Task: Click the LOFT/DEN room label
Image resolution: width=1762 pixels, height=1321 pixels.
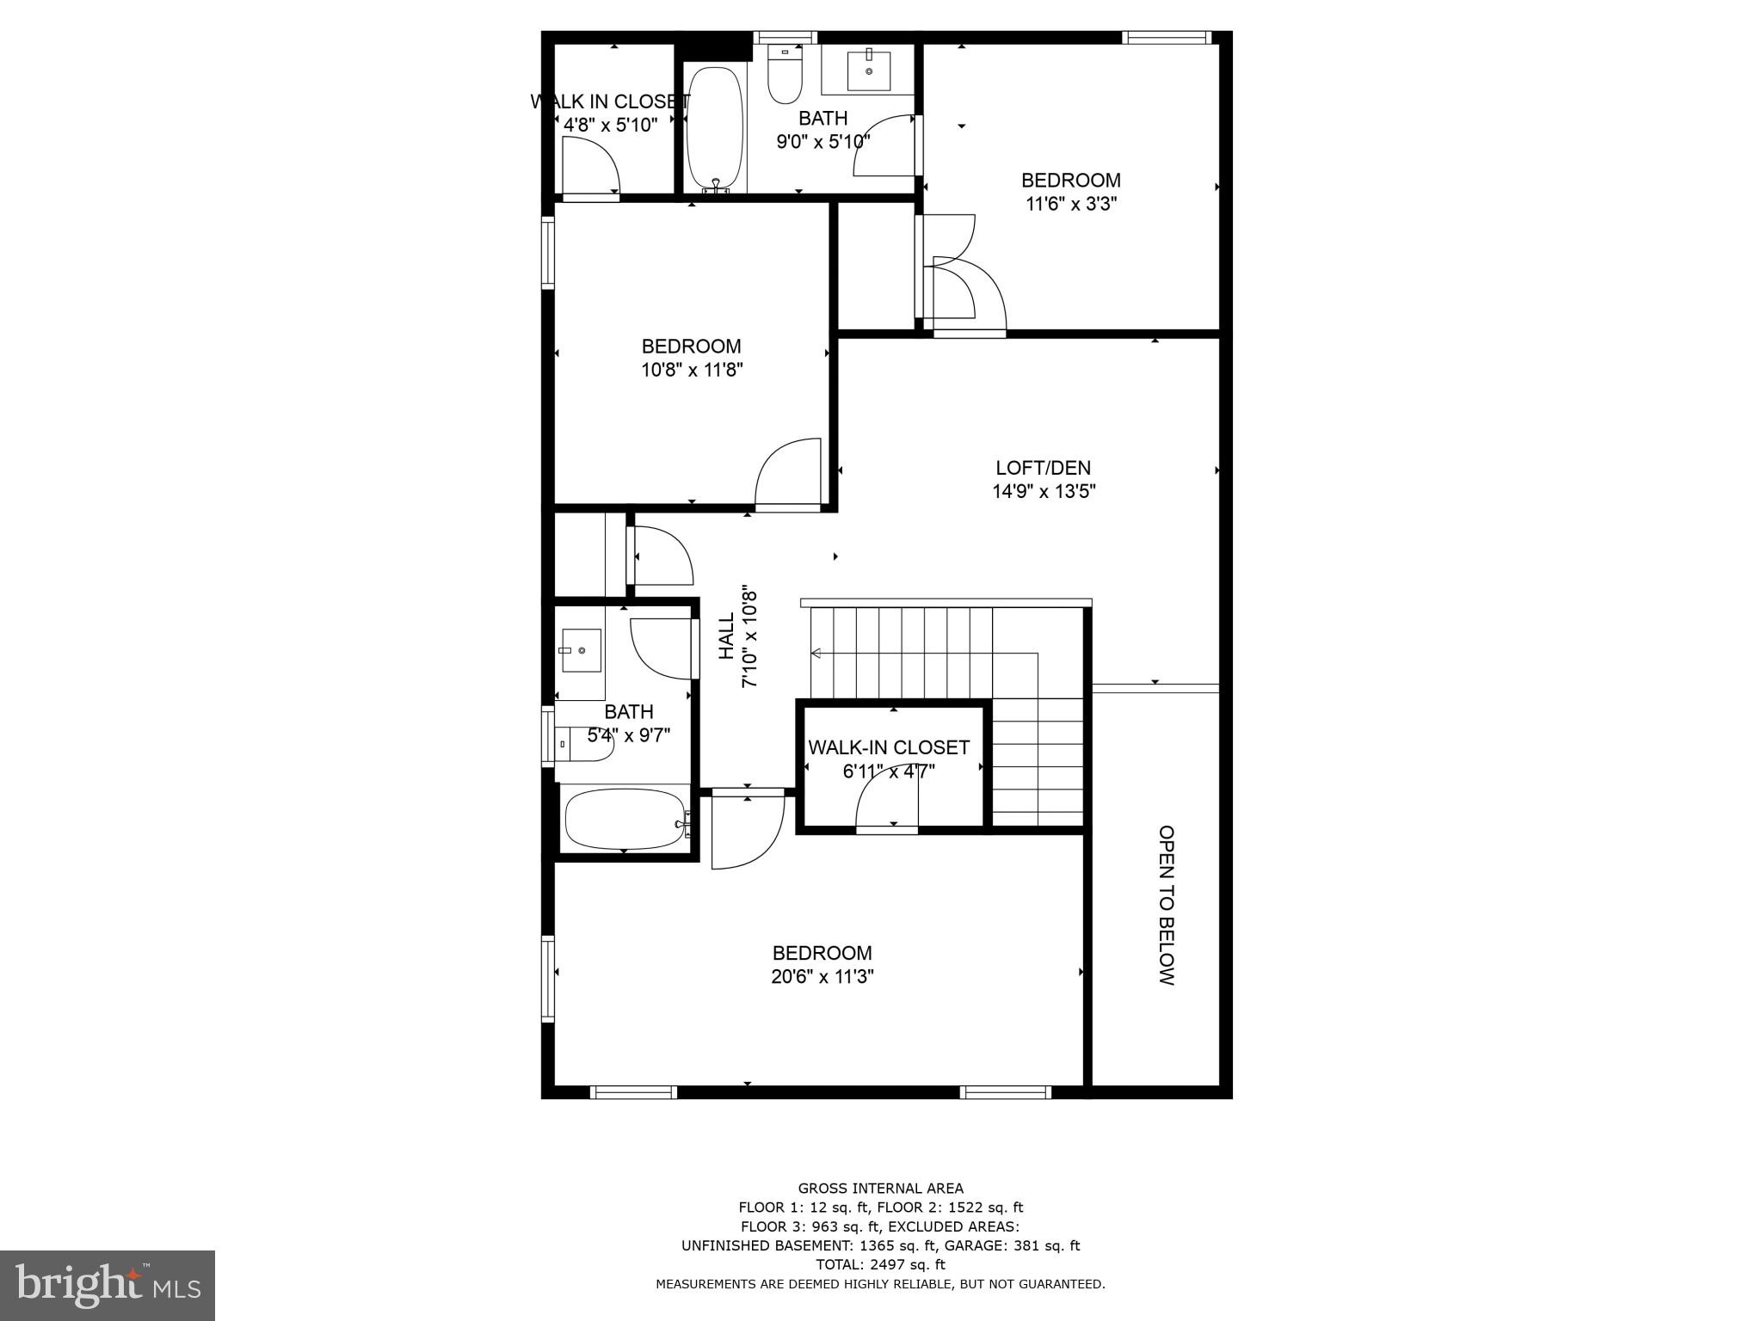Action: [1043, 468]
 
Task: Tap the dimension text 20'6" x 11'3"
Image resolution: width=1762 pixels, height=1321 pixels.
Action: [822, 977]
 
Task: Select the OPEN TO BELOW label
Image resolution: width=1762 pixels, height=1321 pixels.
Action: [1166, 905]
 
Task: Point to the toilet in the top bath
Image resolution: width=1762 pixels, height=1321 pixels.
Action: [785, 76]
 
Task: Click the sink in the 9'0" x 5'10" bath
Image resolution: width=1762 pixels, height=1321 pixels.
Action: [868, 70]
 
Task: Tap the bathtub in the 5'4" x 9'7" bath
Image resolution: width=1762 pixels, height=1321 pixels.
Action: [624, 820]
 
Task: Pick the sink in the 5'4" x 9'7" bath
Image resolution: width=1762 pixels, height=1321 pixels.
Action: [581, 650]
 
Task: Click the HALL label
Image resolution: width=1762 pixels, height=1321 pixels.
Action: [727, 636]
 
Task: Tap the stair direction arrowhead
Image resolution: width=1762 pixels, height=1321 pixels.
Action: [816, 654]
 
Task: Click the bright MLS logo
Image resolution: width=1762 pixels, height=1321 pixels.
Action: [108, 1285]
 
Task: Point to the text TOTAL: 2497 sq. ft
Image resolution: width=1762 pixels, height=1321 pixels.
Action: [880, 1264]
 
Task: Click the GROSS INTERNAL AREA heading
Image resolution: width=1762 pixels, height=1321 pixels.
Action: [880, 1189]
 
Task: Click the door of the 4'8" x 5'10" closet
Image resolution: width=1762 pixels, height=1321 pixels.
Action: [589, 169]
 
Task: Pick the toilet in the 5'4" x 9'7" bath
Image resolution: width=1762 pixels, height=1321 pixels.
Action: [583, 744]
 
